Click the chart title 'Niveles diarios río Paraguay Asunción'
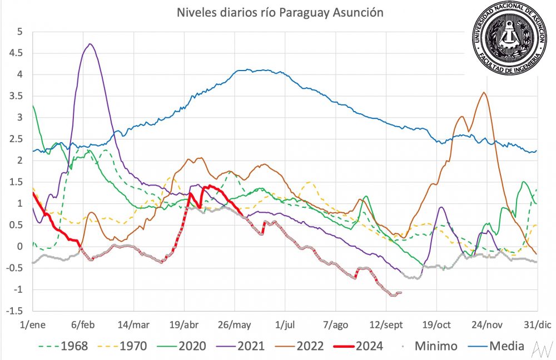point(280,12)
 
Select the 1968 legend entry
point(62,346)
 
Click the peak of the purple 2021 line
point(90,44)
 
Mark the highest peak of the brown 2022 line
point(484,93)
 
